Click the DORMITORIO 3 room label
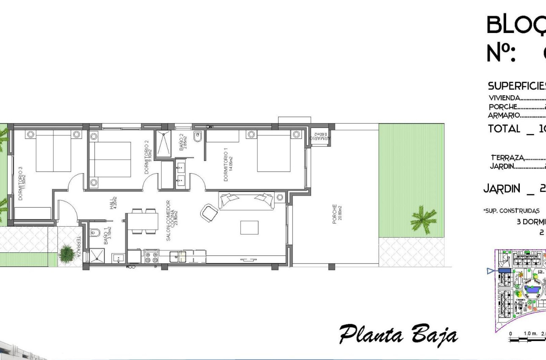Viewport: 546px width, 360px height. [x=22, y=183]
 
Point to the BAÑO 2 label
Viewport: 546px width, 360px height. [x=183, y=142]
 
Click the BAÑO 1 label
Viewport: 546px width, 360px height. [x=107, y=236]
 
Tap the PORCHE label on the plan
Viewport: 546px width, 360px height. [x=337, y=214]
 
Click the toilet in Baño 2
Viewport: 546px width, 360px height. [x=198, y=137]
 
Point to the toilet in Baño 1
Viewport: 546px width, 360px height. [x=94, y=233]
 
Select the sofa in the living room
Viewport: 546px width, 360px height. [x=246, y=200]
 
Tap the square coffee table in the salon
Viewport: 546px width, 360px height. [x=249, y=227]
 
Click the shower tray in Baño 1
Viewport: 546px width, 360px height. [x=92, y=256]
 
